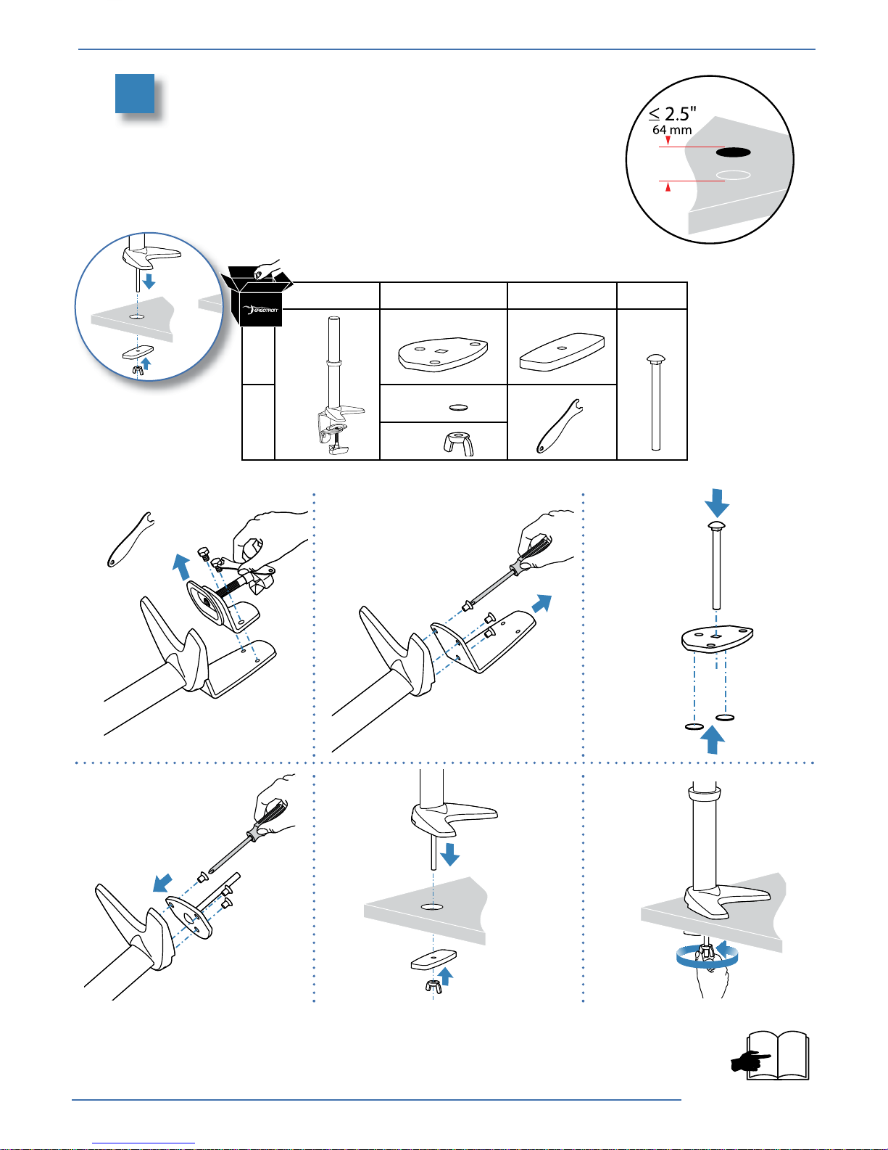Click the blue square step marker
[x=135, y=94]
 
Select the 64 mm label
[x=672, y=131]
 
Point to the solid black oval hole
[x=733, y=152]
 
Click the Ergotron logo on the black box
[x=261, y=310]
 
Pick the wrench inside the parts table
[x=559, y=426]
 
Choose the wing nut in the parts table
[x=459, y=443]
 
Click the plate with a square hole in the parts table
[x=442, y=353]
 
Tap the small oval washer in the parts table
[x=459, y=408]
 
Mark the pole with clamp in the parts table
[x=335, y=388]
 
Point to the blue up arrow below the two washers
[x=713, y=739]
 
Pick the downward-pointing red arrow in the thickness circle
[x=668, y=141]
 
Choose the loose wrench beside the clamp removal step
[x=130, y=539]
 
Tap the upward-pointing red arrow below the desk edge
[x=668, y=188]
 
